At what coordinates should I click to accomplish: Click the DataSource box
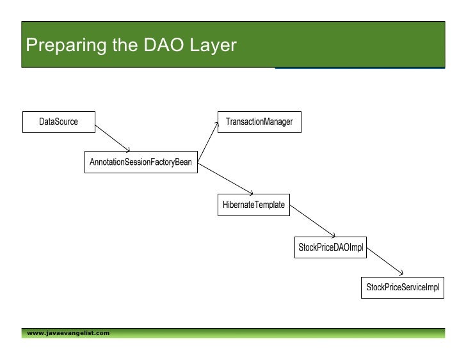[58, 121]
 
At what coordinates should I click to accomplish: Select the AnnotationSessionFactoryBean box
[140, 162]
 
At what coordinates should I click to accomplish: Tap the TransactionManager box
[255, 121]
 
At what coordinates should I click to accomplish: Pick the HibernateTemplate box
[254, 205]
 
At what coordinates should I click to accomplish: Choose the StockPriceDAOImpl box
[331, 247]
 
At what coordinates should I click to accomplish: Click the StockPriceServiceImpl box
[403, 288]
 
